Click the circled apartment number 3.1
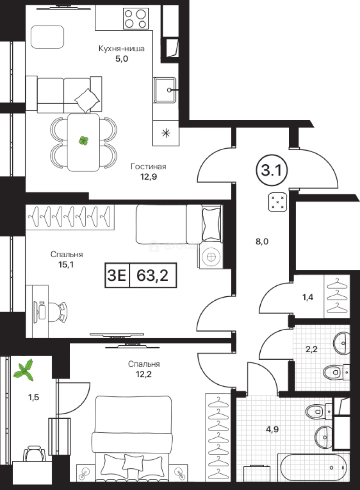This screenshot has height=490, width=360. [272, 171]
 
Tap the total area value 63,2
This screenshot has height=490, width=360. [153, 275]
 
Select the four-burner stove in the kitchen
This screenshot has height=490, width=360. [136, 19]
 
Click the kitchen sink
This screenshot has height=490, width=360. [165, 90]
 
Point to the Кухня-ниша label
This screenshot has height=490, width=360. [122, 49]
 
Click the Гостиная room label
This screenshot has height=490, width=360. [148, 167]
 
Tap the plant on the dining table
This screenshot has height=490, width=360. [83, 141]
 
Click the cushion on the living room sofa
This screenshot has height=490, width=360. [87, 100]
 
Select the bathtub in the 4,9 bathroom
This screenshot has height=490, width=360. [313, 467]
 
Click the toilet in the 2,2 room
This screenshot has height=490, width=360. [336, 372]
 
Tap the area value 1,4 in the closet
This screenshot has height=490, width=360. [307, 297]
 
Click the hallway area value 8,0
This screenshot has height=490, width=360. [262, 241]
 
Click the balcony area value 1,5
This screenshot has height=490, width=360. [34, 397]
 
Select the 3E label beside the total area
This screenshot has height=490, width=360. [117, 275]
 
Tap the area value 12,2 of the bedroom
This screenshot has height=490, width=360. [144, 374]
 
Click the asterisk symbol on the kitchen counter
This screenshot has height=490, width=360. [166, 134]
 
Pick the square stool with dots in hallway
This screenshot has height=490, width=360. [277, 202]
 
